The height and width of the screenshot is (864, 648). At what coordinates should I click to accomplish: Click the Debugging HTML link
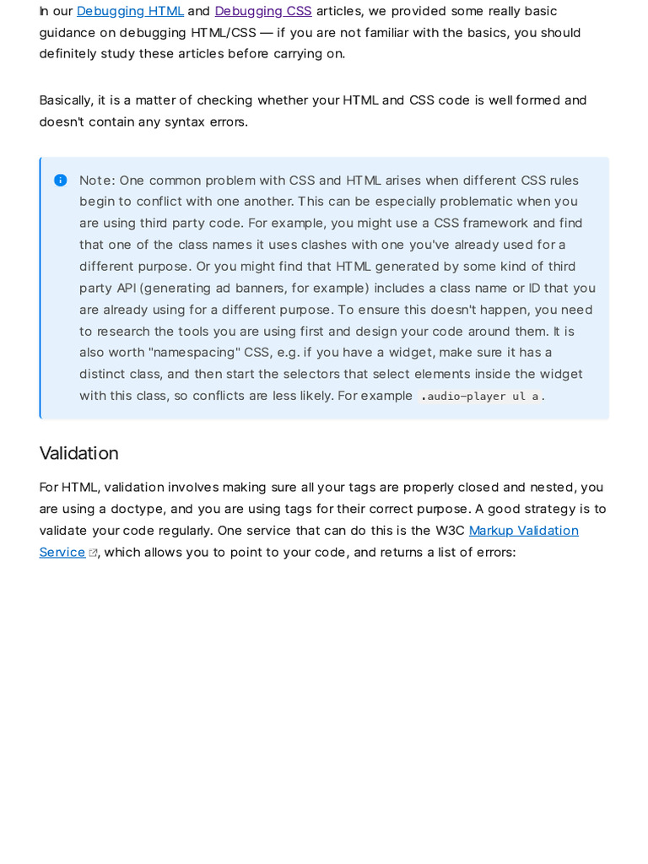tap(130, 11)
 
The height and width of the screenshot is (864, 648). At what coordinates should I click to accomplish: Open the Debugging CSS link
tap(263, 11)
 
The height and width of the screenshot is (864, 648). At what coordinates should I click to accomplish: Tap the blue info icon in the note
tap(61, 181)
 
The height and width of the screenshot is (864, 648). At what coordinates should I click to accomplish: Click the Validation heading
tap(78, 453)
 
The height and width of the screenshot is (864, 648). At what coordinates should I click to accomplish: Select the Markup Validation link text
tap(523, 531)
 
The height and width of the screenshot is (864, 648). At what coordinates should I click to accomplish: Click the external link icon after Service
tap(93, 553)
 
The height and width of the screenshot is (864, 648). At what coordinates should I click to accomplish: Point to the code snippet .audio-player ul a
tap(479, 397)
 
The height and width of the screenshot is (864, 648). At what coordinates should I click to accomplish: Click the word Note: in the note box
tap(97, 181)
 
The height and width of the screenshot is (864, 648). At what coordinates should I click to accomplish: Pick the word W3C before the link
tap(450, 531)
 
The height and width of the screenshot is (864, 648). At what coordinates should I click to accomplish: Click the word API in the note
tap(126, 288)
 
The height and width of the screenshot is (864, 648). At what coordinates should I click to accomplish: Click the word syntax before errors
tap(184, 121)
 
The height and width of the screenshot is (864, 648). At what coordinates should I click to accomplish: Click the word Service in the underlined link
tap(62, 553)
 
